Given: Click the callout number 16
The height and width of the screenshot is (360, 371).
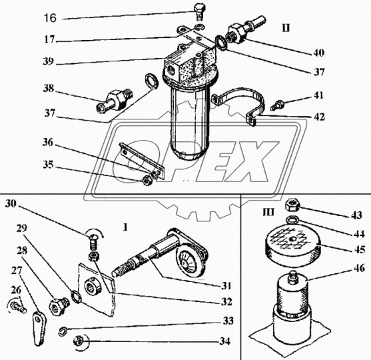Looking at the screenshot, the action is pos(51,18).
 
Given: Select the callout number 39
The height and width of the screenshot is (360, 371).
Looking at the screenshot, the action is pos(49,61).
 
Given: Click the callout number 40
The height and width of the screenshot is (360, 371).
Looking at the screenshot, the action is pos(318,53).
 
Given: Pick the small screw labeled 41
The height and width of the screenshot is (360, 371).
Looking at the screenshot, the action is pos(276,105).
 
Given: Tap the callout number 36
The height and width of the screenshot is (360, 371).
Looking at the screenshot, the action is pos(48,143).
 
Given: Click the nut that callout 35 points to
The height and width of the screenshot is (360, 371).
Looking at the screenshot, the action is pos(147,181).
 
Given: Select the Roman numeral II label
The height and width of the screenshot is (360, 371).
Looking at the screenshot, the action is pos(286,28).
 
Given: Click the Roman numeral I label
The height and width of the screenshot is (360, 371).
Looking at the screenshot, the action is pos(125,227).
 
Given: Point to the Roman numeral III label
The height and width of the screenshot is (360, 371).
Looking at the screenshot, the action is pos(268,212).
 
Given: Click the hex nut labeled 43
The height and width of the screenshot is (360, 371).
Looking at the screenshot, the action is pos(292,205).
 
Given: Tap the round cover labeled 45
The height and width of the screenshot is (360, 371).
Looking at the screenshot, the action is pos(294,242).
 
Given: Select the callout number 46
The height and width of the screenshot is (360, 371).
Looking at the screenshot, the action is pos(360,268).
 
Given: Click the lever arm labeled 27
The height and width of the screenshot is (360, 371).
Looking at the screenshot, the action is pos(39,329).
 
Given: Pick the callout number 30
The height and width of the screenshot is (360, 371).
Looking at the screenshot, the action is pos(11,203).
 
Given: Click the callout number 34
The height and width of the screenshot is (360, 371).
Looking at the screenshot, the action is pos(224,341).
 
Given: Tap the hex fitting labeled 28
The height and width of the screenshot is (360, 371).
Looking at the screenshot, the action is pos(59,307).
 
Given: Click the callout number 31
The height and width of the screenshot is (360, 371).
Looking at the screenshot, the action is pos(226,286).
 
